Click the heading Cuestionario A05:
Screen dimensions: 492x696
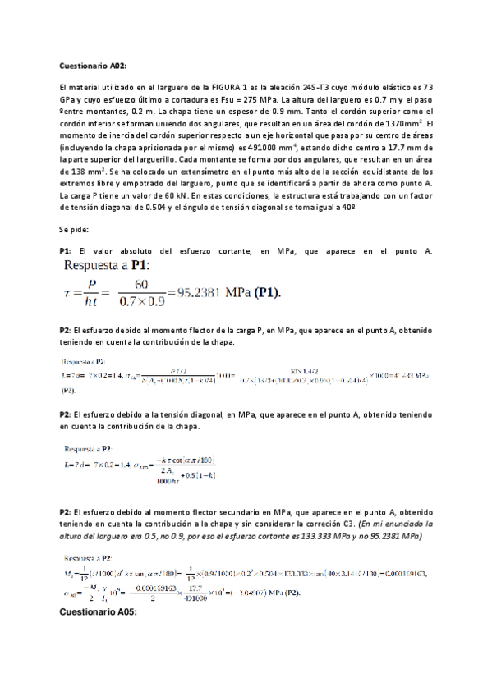[99, 612]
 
